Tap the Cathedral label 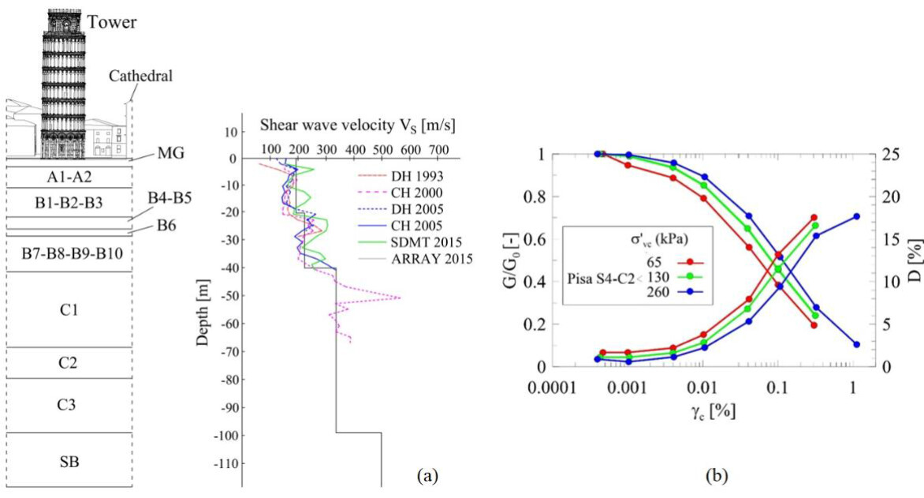tap(141, 76)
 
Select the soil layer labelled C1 tap(69, 309)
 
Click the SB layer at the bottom tap(69, 461)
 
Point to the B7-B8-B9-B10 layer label tap(69, 252)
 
